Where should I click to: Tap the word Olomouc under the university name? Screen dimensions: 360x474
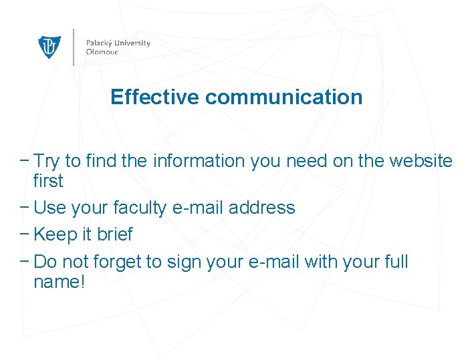[101, 51]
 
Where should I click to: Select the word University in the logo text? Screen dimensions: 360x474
[134, 43]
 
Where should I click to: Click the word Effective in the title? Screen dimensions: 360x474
[155, 97]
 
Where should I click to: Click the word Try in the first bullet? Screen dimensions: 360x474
[47, 161]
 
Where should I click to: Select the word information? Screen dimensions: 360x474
[199, 161]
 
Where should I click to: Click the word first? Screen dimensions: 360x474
[48, 181]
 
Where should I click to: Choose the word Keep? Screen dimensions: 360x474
[53, 234]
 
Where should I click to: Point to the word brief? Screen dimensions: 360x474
[115, 234]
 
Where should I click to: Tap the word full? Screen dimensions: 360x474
[396, 261]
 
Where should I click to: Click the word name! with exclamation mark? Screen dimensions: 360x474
[59, 281]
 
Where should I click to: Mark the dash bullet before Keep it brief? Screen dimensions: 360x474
[25, 234]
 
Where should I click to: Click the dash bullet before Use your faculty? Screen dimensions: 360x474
[25, 208]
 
